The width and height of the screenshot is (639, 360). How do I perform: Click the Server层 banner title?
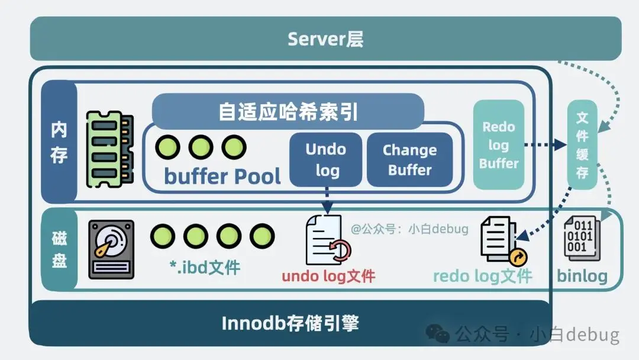click(325, 39)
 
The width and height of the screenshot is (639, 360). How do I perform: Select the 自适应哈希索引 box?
click(288, 111)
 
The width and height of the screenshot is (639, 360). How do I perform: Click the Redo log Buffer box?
click(499, 144)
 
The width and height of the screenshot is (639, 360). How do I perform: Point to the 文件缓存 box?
click(582, 145)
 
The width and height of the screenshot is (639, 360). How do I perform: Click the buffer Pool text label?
click(222, 176)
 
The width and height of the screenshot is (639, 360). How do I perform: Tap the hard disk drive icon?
click(111, 249)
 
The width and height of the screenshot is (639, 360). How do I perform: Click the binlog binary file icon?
click(582, 238)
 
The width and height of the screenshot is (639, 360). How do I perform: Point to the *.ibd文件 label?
click(204, 267)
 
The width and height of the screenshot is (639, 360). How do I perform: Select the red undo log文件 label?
click(328, 276)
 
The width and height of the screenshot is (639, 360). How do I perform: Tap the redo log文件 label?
click(483, 276)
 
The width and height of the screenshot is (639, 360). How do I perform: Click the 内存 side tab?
click(59, 142)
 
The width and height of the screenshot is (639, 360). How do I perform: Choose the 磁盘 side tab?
click(59, 249)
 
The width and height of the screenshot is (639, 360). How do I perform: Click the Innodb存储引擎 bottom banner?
click(290, 323)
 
